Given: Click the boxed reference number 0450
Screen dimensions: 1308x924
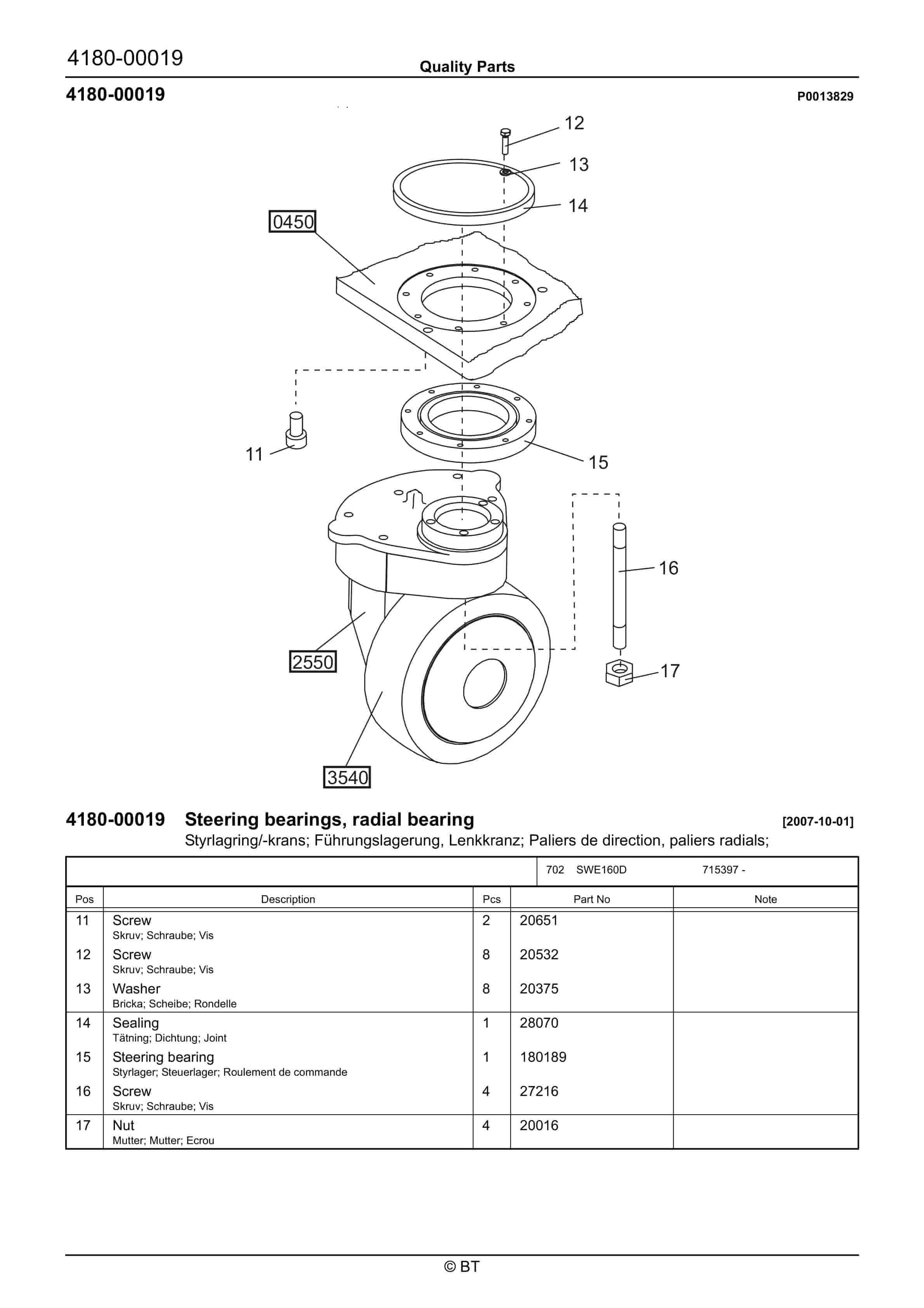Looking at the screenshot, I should [292, 222].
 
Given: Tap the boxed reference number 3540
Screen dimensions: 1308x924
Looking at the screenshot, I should [347, 777].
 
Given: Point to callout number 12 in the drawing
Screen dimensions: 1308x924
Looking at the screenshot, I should [574, 123].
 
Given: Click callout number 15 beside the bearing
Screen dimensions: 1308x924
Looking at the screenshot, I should [598, 462].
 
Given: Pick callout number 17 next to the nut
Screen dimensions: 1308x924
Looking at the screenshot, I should [670, 671].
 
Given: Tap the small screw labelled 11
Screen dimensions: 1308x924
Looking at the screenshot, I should [296, 431].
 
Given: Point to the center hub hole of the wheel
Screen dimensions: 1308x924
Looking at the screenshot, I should [485, 684].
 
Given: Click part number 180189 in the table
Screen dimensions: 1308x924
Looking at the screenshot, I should [543, 1057].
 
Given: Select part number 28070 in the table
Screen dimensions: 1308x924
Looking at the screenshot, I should [539, 1023].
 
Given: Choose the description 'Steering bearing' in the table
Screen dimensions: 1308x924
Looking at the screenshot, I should [163, 1057].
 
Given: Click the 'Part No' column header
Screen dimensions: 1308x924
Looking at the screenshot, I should [591, 899].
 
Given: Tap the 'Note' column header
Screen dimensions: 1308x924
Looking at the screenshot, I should [765, 899].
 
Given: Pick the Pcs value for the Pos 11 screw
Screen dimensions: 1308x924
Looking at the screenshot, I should [486, 920].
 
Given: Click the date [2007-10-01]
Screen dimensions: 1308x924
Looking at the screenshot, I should [818, 821].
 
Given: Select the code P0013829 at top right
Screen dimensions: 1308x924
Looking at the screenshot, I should [825, 96].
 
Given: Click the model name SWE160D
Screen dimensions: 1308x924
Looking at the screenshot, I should [601, 869].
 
